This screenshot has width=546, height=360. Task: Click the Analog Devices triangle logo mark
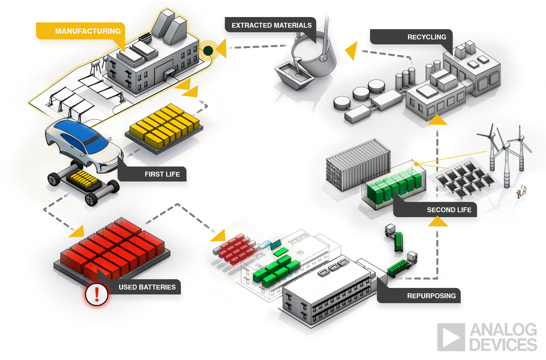pos(451,337)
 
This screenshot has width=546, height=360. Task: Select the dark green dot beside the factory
pos(208,50)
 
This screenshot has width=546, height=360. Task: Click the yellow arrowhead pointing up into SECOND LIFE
pos(438,221)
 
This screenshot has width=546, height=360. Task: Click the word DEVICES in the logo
pos(503,345)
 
